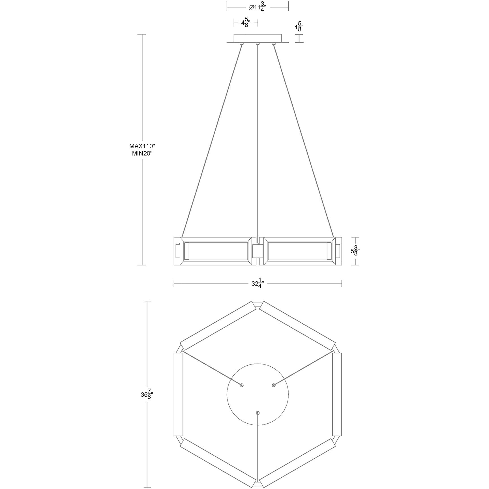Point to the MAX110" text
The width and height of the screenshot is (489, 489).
click(143, 146)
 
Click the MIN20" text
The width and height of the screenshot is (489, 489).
click(143, 154)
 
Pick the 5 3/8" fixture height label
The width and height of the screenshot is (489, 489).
click(355, 251)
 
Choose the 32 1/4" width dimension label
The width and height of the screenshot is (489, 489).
click(258, 283)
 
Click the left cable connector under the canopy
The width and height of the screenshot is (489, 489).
click(242, 44)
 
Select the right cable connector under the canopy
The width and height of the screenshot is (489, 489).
click(274, 44)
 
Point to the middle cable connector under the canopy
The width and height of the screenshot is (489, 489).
click(258, 44)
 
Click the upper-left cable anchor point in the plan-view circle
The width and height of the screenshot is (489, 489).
click(241, 385)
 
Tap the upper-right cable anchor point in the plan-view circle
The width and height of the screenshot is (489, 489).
click(274, 385)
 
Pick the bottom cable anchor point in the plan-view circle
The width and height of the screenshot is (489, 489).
click(258, 413)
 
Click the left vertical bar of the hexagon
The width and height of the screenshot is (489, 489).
click(178, 394)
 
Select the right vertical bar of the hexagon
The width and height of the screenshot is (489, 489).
click(337, 394)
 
